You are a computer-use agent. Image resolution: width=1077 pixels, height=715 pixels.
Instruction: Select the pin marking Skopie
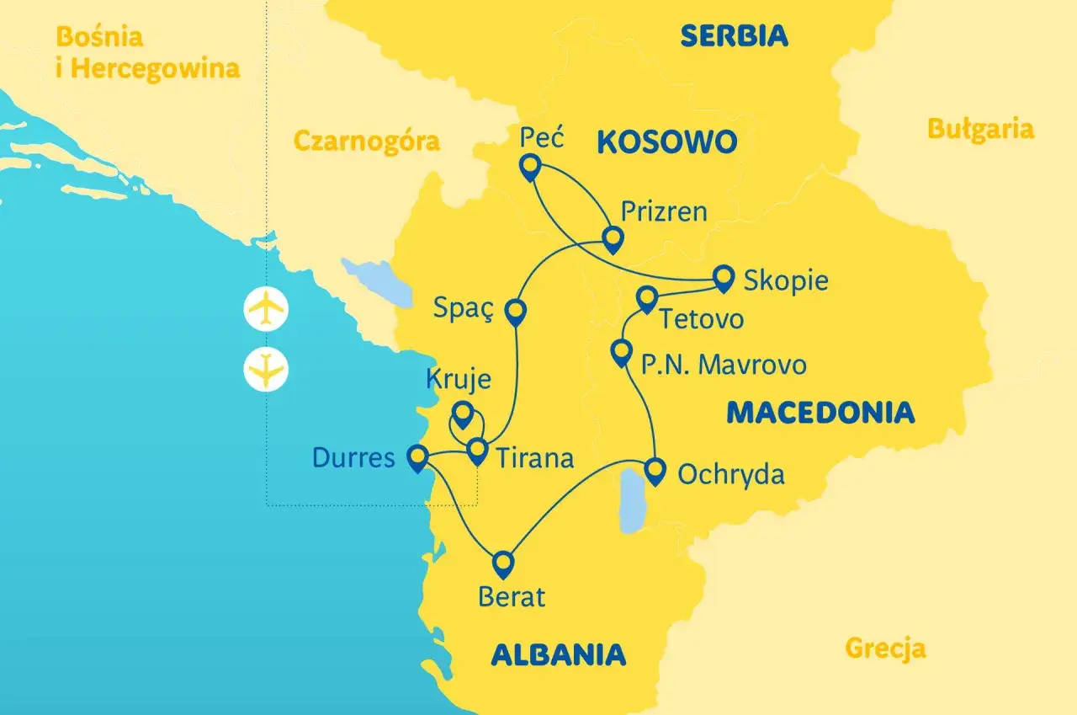click(724, 277)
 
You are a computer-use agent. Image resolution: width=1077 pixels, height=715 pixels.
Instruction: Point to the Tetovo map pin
click(646, 299)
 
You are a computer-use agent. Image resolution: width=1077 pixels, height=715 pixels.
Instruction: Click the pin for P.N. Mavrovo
click(621, 352)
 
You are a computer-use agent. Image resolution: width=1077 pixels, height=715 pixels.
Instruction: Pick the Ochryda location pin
click(655, 469)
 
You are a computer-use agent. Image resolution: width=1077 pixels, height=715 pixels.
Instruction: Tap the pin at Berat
click(503, 563)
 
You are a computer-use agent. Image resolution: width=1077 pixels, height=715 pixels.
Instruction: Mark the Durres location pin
click(416, 457)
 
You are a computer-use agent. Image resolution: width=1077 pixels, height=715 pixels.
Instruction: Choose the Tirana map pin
click(477, 451)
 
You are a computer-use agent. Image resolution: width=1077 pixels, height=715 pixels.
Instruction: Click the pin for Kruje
click(462, 414)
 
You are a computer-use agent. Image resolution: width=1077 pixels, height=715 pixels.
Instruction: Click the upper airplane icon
click(266, 309)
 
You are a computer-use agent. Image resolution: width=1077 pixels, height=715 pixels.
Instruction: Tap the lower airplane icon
click(266, 370)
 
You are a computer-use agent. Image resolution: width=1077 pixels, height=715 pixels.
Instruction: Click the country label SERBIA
click(734, 35)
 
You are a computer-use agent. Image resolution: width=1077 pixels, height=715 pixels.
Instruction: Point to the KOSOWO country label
click(666, 142)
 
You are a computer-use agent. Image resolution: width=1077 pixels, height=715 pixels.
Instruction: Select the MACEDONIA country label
click(820, 412)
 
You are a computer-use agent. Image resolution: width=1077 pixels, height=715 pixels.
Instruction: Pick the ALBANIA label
click(558, 654)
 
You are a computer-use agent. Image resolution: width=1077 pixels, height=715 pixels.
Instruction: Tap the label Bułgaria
click(980, 129)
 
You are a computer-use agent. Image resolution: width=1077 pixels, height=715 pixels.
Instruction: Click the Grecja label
click(885, 648)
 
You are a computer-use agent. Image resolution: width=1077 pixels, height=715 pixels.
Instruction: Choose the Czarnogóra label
click(366, 141)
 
